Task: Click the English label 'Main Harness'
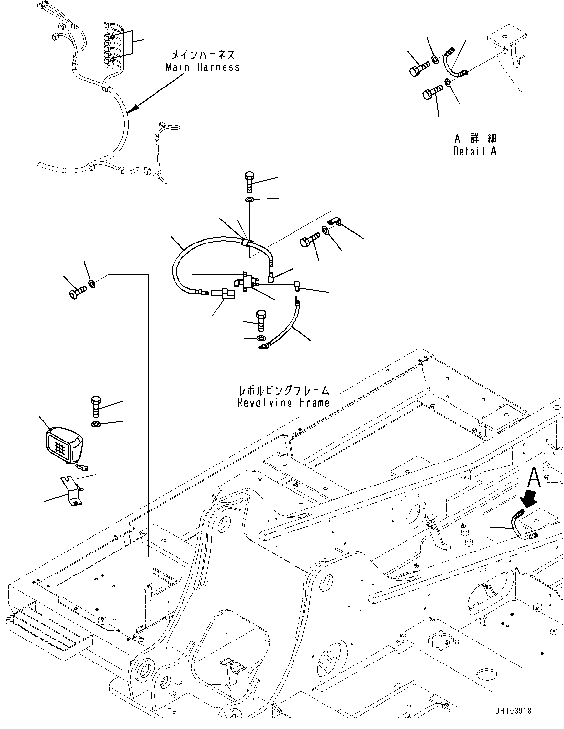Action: (203, 67)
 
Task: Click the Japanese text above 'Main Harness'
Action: (203, 55)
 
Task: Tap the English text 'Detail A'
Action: (474, 151)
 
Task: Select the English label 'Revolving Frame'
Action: (283, 403)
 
